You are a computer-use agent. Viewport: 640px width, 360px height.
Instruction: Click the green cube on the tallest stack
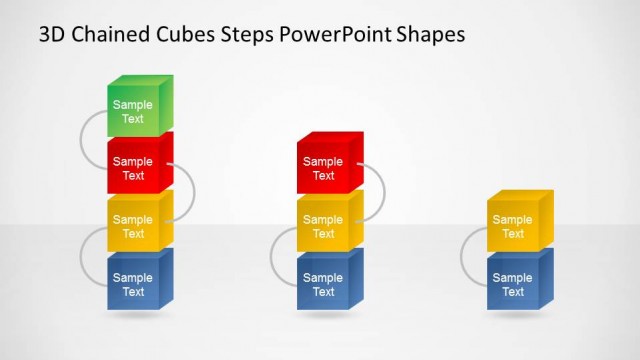click(x=134, y=111)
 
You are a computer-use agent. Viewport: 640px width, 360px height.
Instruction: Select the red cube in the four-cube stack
click(x=134, y=168)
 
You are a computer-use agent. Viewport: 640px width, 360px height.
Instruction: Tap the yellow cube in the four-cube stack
click(x=134, y=226)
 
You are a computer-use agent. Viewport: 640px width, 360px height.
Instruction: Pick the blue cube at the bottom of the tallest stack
click(x=134, y=284)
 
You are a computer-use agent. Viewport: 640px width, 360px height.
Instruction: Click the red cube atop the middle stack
click(x=324, y=168)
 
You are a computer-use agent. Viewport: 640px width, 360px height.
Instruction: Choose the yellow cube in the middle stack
click(x=324, y=226)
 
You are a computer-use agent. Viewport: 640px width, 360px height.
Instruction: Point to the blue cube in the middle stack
click(x=324, y=284)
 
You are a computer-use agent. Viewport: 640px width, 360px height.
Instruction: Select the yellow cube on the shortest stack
click(x=514, y=226)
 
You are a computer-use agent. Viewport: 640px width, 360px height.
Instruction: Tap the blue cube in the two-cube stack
click(x=514, y=284)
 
